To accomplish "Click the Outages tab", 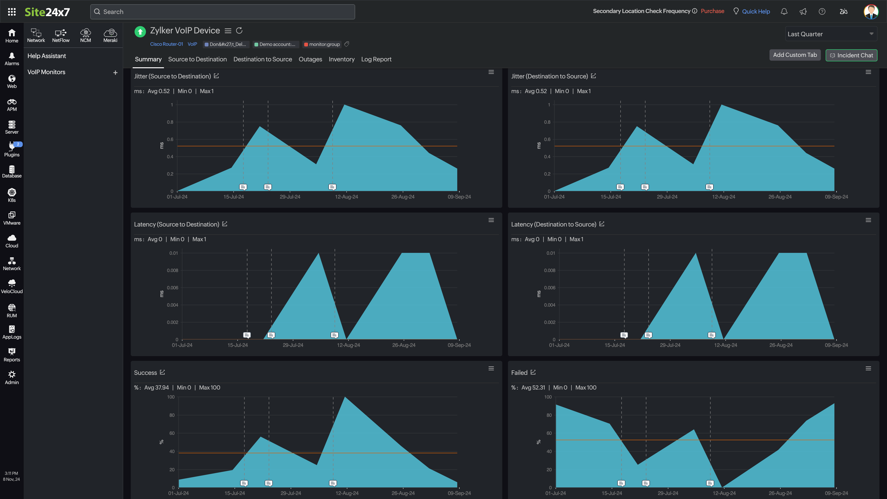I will (310, 59).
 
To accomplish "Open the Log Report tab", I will (376, 59).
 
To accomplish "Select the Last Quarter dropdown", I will (831, 34).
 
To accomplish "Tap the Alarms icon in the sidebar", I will (12, 59).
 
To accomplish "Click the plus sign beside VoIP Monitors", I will (115, 73).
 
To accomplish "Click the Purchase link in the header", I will (712, 11).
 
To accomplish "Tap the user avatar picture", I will (871, 12).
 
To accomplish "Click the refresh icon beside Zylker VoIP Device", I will (239, 31).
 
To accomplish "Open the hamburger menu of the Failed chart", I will (868, 368).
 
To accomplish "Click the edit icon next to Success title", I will (163, 372).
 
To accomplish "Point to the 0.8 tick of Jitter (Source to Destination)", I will (170, 122).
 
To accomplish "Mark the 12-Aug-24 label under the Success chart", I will (347, 493).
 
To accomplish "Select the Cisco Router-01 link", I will (166, 44).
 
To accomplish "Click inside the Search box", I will (222, 12).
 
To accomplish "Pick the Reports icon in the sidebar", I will (12, 355).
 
